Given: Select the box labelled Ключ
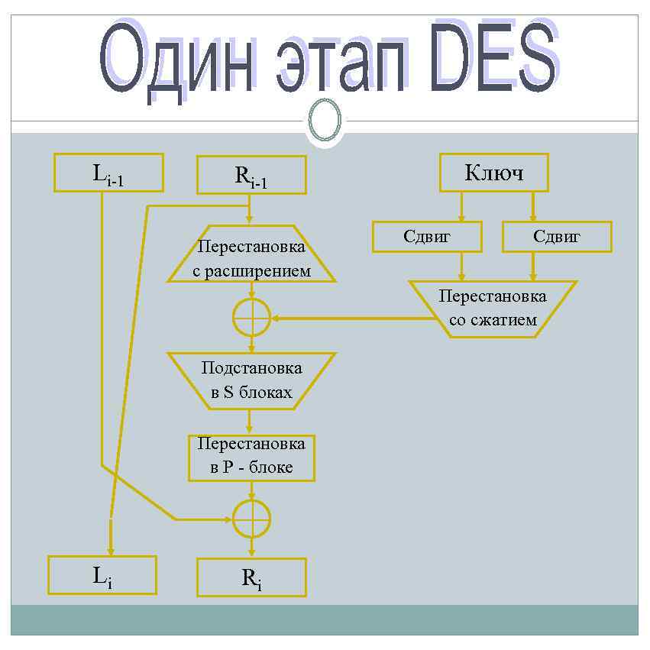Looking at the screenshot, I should pyautogui.click(x=494, y=173).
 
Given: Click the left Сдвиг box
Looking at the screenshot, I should pyautogui.click(x=427, y=237).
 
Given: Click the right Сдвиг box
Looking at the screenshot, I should pyautogui.click(x=557, y=237).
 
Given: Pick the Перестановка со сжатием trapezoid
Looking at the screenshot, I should pyautogui.click(x=493, y=309).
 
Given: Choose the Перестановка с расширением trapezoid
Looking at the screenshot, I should pyautogui.click(x=251, y=259).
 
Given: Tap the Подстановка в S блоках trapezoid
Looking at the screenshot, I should pyautogui.click(x=251, y=380).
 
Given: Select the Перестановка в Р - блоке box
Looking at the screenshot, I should pyautogui.click(x=251, y=456).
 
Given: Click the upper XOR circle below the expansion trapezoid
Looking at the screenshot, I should pyautogui.click(x=251, y=317).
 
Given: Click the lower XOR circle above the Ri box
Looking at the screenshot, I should pyautogui.click(x=251, y=519).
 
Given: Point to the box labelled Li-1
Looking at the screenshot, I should pyautogui.click(x=108, y=173).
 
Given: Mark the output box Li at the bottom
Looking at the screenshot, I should pyautogui.click(x=102, y=575).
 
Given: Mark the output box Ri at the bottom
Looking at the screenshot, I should pyautogui.click(x=251, y=577).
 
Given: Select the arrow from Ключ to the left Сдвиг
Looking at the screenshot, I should pyautogui.click(x=461, y=206).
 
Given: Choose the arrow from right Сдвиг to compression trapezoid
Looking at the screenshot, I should pyautogui.click(x=533, y=267).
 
